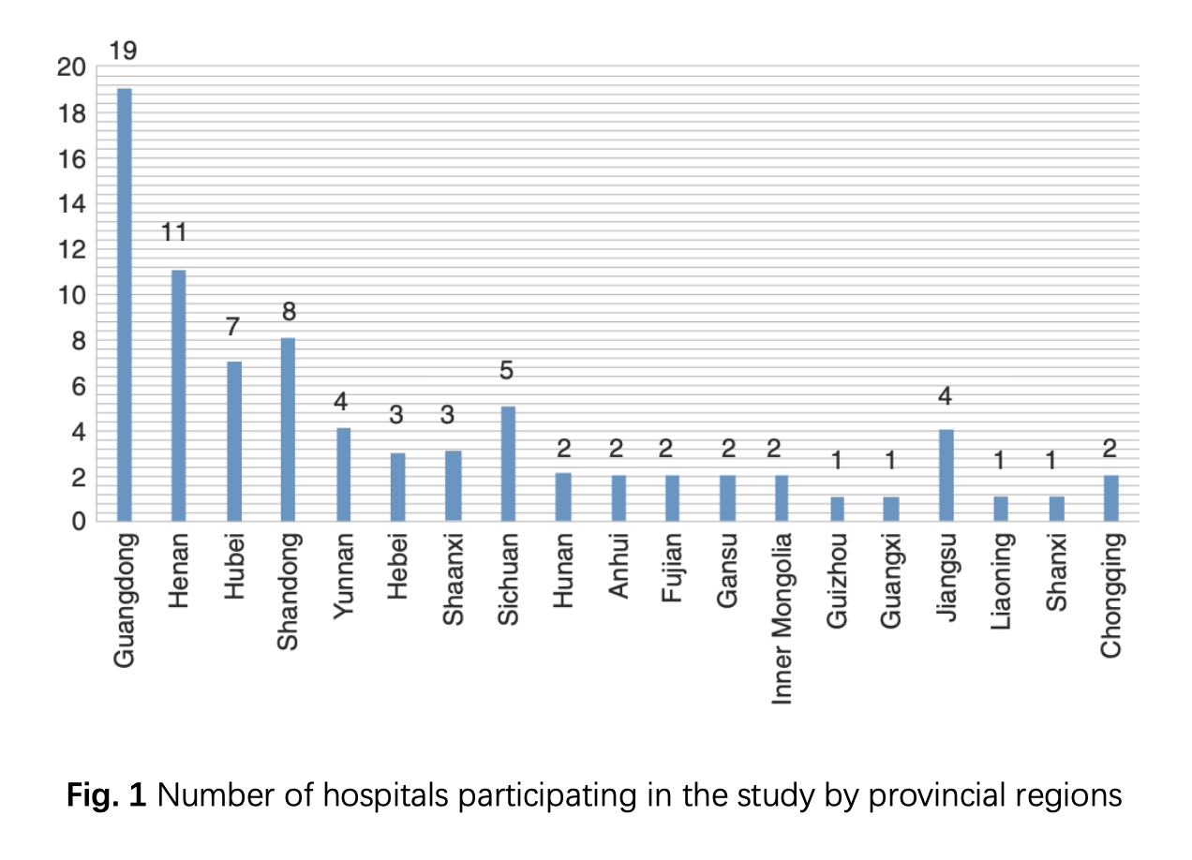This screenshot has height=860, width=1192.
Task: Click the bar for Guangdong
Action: pyautogui.click(x=124, y=304)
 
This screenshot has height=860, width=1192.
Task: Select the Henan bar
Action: pyautogui.click(x=178, y=395)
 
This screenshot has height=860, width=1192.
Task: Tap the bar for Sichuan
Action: pyautogui.click(x=508, y=464)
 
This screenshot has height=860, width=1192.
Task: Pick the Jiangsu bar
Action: pyautogui.click(x=946, y=475)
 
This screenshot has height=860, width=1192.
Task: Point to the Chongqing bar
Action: pyautogui.click(x=1111, y=497)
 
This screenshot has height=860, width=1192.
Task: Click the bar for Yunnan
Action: pyautogui.click(x=343, y=475)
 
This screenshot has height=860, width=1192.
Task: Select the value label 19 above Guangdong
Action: pyautogui.click(x=123, y=52)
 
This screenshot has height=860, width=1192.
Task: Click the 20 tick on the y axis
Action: pyautogui.click(x=70, y=67)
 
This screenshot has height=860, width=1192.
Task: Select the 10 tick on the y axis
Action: pyautogui.click(x=70, y=295)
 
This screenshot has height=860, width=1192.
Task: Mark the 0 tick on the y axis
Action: pyautogui.click(x=80, y=522)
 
